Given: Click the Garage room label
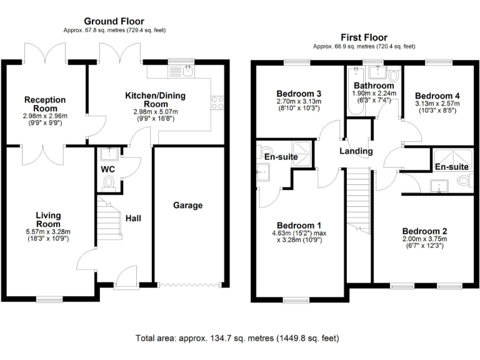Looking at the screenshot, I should pyautogui.click(x=187, y=205).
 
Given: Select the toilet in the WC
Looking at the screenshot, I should pyautogui.click(x=109, y=182).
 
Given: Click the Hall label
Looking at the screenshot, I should pyautogui.click(x=133, y=218).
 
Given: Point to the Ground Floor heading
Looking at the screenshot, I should pyautogui.click(x=114, y=21).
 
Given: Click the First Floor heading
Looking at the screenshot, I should pyautogui.click(x=363, y=37).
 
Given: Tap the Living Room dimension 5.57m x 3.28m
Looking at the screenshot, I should pyautogui.click(x=48, y=232).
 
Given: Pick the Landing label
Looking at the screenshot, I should pyautogui.click(x=356, y=151).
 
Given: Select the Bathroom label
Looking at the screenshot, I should pyautogui.click(x=372, y=85).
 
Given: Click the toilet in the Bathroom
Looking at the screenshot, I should pyautogui.click(x=392, y=75).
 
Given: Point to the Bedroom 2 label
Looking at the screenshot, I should pyautogui.click(x=424, y=230).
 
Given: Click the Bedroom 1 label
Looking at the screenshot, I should pyautogui.click(x=299, y=225).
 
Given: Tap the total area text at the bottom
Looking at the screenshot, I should pyautogui.click(x=237, y=338).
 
